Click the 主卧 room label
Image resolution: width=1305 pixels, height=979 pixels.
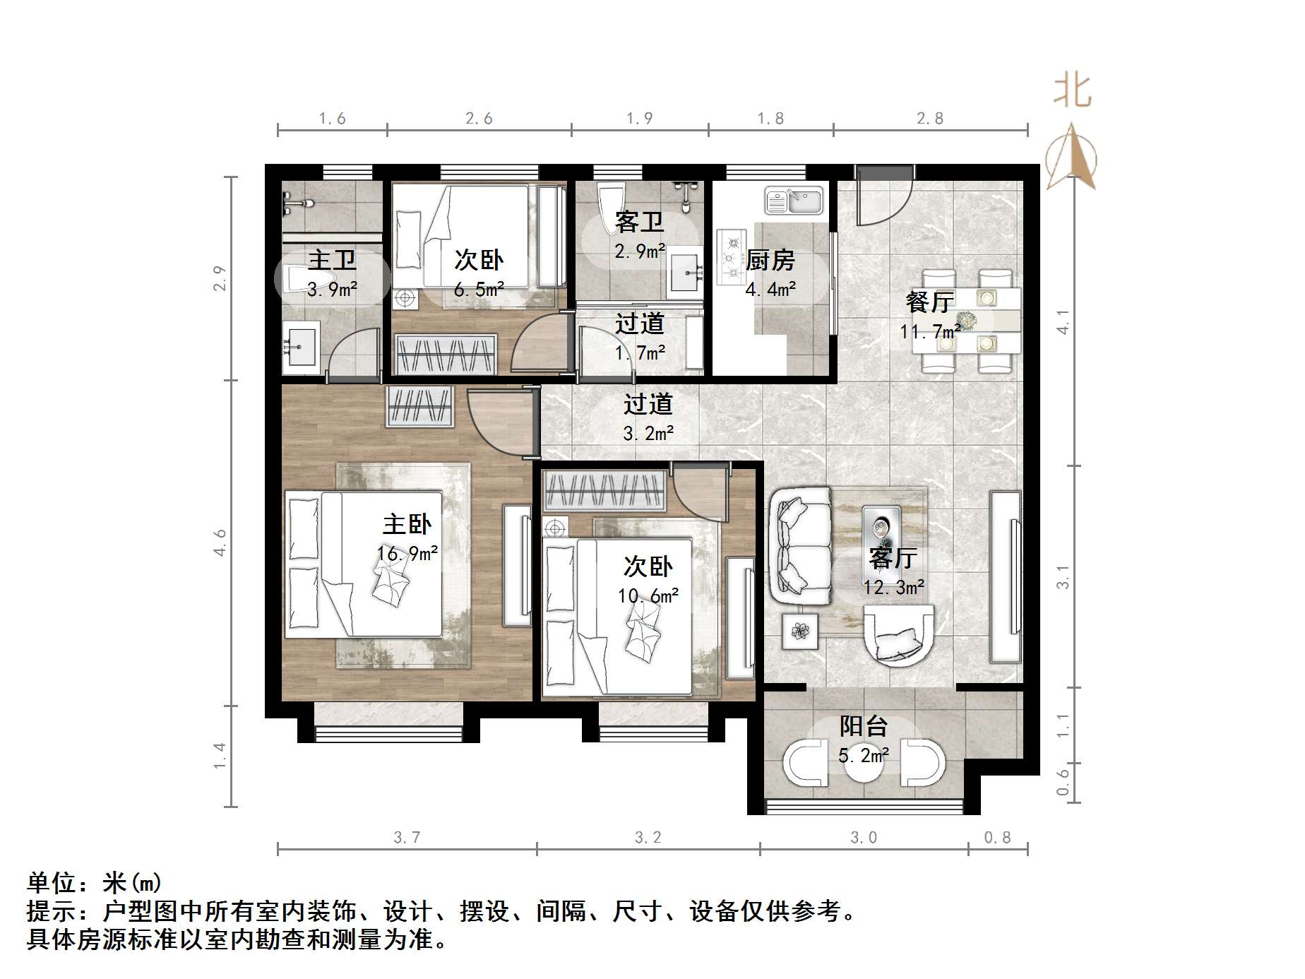tap(407, 524)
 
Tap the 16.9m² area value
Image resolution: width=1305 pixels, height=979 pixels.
tap(407, 553)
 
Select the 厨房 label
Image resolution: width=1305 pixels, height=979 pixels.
tap(770, 260)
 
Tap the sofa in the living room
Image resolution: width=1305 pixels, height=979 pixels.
tap(799, 545)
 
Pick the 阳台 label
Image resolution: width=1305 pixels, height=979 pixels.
tap(864, 725)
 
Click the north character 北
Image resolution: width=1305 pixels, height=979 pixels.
tap(1073, 92)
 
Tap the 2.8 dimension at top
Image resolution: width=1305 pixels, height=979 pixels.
tap(930, 119)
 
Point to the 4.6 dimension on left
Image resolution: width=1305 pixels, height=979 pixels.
tap(220, 542)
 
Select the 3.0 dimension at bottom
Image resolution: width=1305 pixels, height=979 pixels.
tap(863, 838)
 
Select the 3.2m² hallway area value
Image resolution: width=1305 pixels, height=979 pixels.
tap(648, 433)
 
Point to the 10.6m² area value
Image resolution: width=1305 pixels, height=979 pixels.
tap(648, 596)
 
